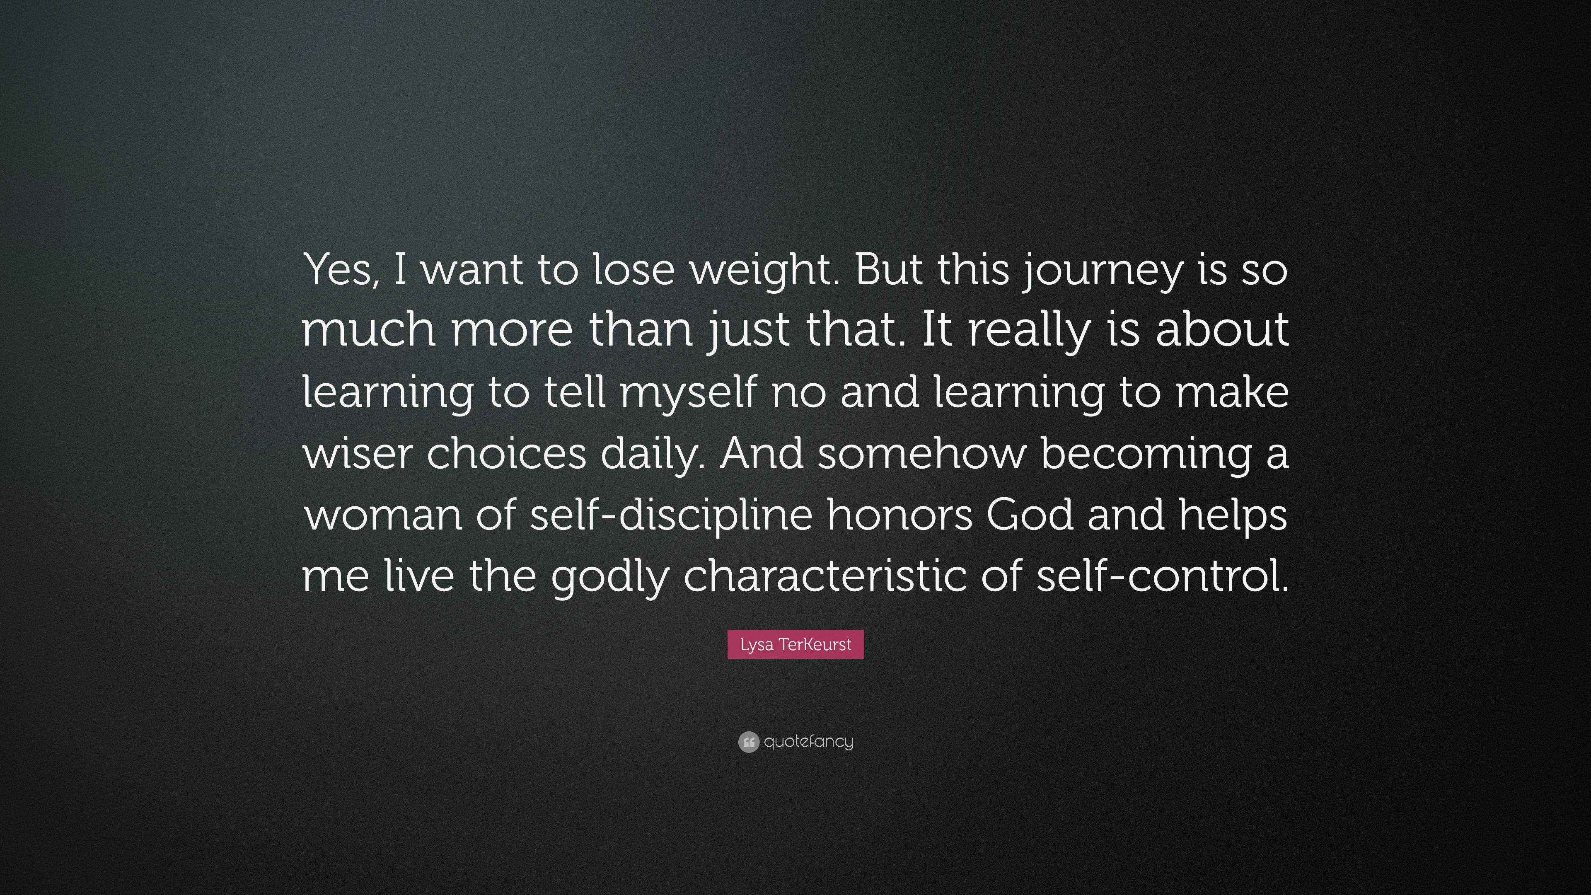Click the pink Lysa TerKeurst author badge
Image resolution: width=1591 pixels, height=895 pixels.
pyautogui.click(x=795, y=644)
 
